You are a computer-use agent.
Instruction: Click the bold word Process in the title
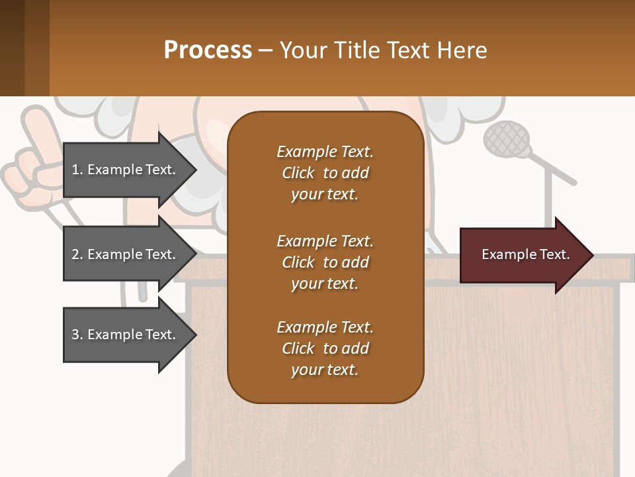coord(208,50)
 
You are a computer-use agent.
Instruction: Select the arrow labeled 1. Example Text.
coord(126,170)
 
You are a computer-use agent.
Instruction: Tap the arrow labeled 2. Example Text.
coord(126,254)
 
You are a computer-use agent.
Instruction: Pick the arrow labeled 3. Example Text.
coord(126,335)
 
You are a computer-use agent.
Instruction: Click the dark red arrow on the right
coord(523,255)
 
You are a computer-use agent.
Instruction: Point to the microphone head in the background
coord(507,140)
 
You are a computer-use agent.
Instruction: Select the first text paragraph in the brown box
coord(325,173)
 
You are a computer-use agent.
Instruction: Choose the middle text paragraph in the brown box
coord(325,262)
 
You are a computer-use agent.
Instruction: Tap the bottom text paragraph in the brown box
coord(325,348)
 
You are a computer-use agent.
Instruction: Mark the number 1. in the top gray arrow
coord(77,170)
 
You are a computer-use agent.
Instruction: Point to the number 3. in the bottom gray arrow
coord(77,335)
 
